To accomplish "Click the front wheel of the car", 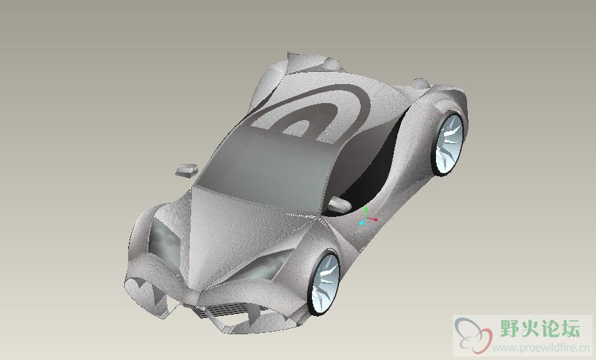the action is point(325,283).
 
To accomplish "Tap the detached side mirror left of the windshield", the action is point(187,170).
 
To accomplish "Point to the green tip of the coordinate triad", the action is point(365,209).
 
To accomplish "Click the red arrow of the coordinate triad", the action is point(372,220).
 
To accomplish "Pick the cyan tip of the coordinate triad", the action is point(361,223).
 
